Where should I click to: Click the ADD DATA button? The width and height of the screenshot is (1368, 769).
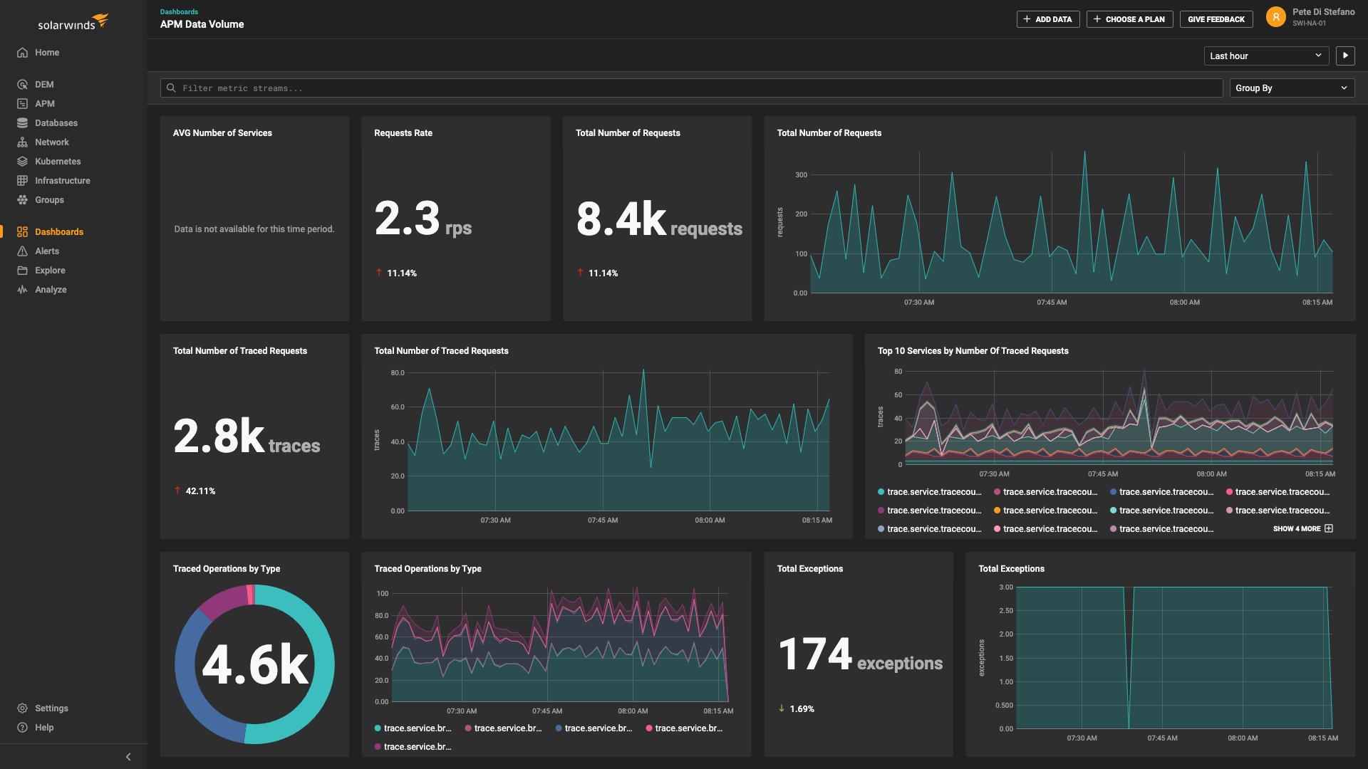(x=1047, y=19)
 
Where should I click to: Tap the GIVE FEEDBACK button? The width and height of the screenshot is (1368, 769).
(x=1216, y=19)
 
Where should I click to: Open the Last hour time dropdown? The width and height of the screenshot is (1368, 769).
(x=1265, y=56)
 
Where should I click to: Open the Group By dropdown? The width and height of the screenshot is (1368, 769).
(x=1291, y=88)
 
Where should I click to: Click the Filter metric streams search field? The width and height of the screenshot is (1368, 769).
(x=691, y=88)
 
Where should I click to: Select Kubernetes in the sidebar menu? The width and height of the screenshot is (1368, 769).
(x=57, y=162)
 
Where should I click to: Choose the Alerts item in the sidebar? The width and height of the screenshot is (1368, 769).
(x=47, y=251)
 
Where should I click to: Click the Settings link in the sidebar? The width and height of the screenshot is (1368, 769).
(x=51, y=708)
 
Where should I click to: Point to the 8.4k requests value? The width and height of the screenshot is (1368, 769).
(x=658, y=220)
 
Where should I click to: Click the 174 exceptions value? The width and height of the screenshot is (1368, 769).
(x=859, y=655)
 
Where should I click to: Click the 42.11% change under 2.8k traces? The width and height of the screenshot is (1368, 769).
(x=199, y=491)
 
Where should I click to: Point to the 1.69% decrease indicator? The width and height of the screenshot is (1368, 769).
(x=801, y=709)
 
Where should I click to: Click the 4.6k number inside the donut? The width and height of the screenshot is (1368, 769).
(x=254, y=665)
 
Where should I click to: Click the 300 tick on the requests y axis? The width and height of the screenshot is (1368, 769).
(x=801, y=175)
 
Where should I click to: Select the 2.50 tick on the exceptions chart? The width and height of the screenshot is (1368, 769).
(x=1005, y=611)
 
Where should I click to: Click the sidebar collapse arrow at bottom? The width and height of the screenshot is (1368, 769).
(x=128, y=757)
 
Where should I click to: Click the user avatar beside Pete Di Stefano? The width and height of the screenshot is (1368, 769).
(x=1275, y=17)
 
